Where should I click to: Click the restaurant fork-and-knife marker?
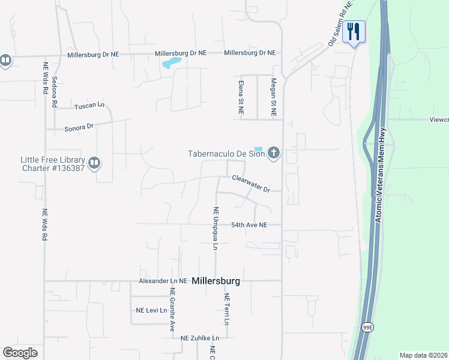(x=354, y=32)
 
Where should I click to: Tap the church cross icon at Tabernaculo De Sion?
(x=274, y=153)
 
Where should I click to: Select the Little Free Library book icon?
(x=94, y=163)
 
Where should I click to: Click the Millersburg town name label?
(x=216, y=280)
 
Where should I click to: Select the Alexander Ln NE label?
(x=163, y=281)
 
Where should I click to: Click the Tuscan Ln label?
(x=89, y=106)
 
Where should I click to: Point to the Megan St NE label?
(x=273, y=97)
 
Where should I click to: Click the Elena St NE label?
(x=241, y=97)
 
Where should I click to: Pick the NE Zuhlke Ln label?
(x=200, y=338)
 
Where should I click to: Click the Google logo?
(x=20, y=353)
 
